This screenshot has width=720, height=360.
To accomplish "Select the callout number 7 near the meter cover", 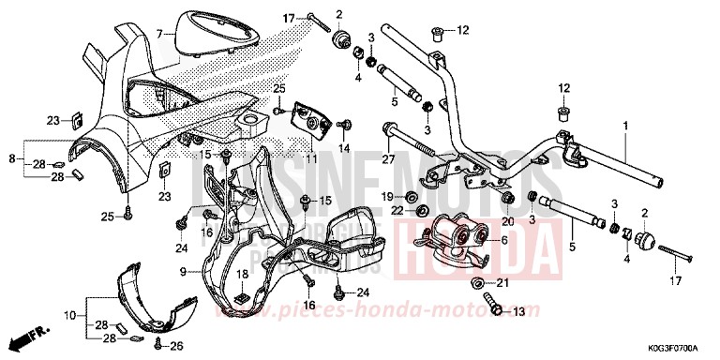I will pos(160,35).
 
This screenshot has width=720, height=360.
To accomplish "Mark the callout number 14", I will pos(343,149).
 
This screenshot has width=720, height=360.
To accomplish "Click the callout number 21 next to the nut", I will pos(502,282).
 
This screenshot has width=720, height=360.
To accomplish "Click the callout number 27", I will pos(385,158).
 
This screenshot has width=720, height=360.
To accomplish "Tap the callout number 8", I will pos(11,158).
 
